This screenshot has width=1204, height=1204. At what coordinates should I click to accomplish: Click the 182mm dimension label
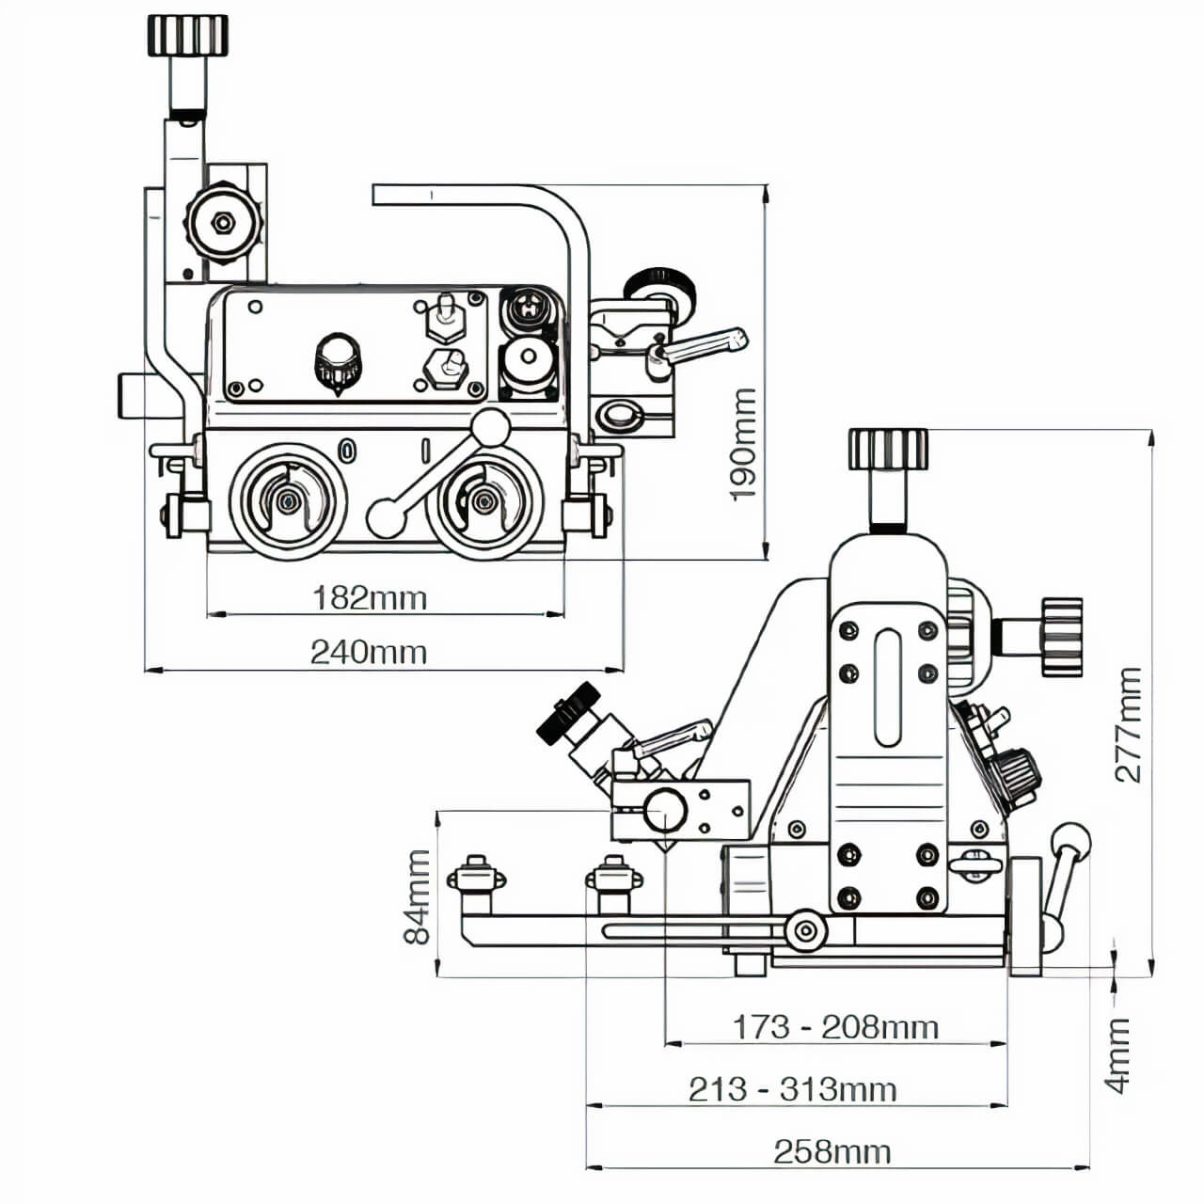coord(369,598)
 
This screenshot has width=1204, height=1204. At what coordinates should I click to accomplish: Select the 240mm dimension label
coord(369,652)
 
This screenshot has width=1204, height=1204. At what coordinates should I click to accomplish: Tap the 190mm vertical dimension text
coord(743,444)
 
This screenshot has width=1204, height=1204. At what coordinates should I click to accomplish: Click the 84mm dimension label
coord(417,895)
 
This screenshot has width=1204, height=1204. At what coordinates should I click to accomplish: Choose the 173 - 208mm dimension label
coord(835,1026)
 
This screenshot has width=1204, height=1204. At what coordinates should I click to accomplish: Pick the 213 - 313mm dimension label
coord(792,1089)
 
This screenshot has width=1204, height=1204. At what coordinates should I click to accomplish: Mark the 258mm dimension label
coord(832,1151)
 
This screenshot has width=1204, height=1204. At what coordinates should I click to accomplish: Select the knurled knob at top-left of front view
coord(188,35)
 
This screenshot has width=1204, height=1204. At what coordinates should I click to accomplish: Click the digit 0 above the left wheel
coord(348,451)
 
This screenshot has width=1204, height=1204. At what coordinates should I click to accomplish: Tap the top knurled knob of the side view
coord(888,449)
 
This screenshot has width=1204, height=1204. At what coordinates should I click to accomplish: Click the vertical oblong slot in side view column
coord(887,688)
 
